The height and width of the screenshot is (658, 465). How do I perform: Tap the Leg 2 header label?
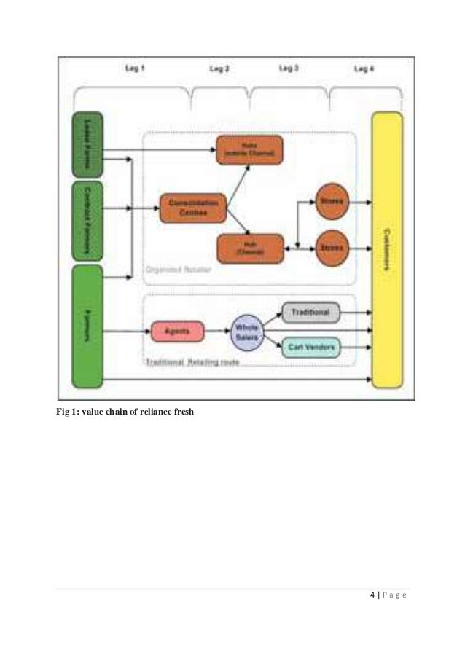219,68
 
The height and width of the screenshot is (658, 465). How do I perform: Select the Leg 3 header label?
289,68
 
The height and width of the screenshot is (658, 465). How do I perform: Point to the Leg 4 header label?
364,68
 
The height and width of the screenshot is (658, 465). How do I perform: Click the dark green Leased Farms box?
87,145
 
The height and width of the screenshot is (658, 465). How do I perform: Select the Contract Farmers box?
87,220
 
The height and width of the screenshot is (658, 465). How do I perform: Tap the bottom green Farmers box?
87,326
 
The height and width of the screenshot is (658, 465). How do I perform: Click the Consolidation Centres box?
193,207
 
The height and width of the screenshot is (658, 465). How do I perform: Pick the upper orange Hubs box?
249,149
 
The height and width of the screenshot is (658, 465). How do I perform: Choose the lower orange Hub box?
249,248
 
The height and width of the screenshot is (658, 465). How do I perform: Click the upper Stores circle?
332,200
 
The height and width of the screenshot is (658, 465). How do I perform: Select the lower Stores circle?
332,248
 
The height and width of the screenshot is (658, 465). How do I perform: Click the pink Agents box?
178,332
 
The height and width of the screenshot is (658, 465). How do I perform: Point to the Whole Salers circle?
246,332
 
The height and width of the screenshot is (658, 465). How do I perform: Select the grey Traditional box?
310,313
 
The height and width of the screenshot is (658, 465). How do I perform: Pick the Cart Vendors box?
310,348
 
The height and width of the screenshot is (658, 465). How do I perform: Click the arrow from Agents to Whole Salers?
217,332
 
